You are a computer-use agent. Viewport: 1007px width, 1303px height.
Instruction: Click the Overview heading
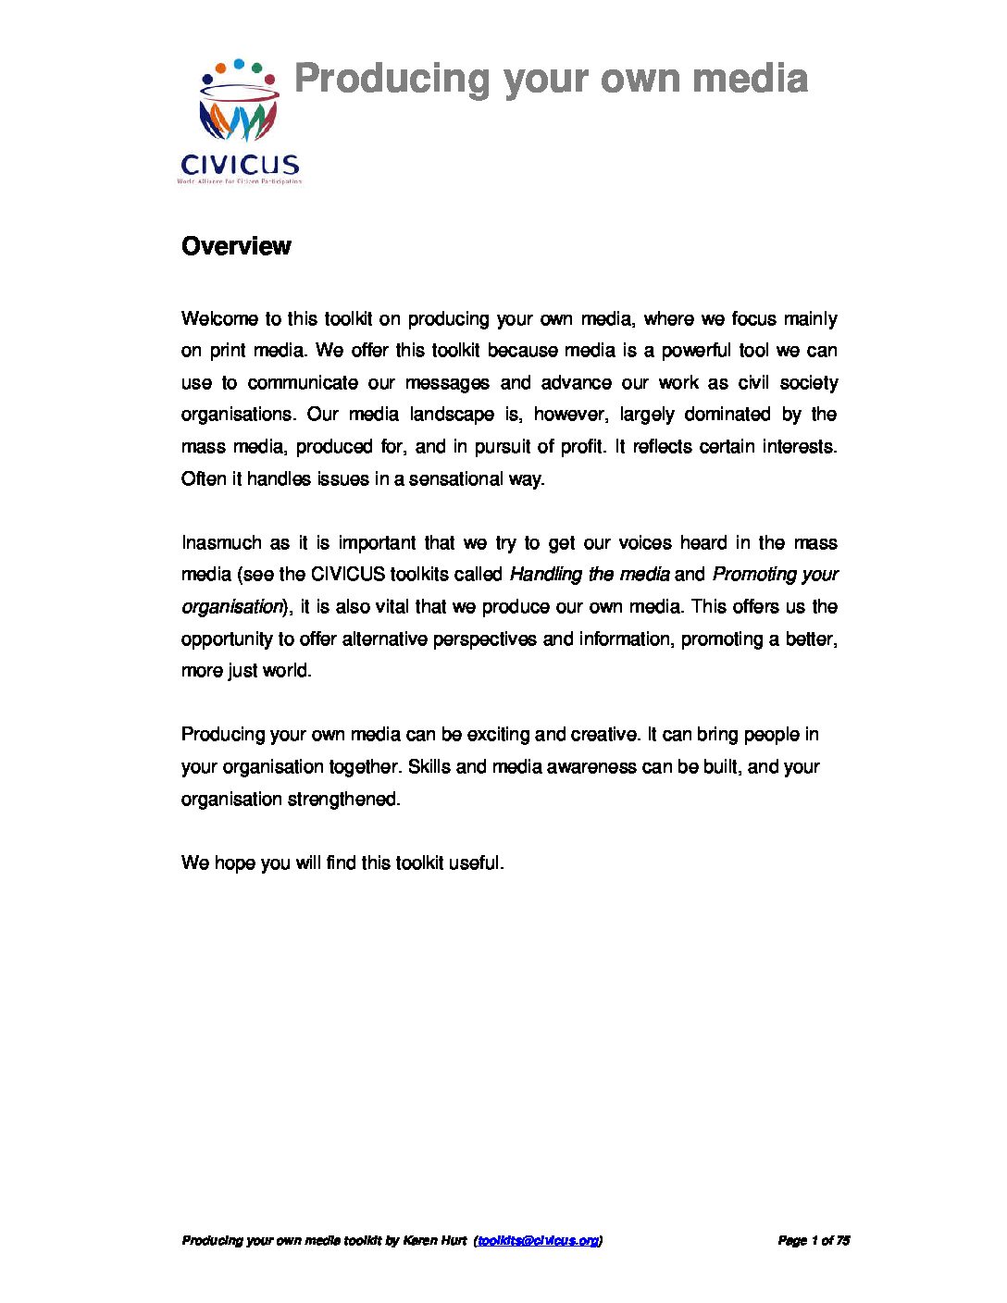(x=236, y=246)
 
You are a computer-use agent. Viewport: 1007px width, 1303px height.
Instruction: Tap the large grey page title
(x=551, y=79)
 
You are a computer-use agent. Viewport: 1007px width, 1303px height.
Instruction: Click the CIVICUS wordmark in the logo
(x=240, y=166)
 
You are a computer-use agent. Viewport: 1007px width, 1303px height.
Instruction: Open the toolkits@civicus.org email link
(x=538, y=1240)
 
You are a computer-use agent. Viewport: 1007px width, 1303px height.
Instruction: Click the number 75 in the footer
(x=842, y=1240)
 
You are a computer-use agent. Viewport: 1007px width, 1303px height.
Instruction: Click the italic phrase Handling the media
(x=590, y=575)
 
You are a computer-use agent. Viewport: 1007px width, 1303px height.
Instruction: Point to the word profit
(x=583, y=447)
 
